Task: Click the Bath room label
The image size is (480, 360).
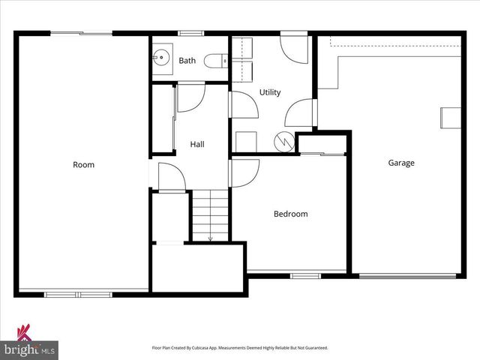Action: pyautogui.click(x=187, y=61)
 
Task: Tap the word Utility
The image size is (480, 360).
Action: pyautogui.click(x=270, y=92)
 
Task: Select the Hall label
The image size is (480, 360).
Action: pyautogui.click(x=197, y=144)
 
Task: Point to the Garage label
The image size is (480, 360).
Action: pyautogui.click(x=401, y=163)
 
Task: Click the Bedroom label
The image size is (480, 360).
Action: pyautogui.click(x=290, y=214)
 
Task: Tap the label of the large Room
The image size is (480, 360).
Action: pyautogui.click(x=83, y=164)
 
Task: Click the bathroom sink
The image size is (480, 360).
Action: pyautogui.click(x=161, y=58)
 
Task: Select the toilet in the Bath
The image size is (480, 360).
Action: pyautogui.click(x=216, y=60)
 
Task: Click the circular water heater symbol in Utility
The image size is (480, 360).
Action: pyautogui.click(x=284, y=140)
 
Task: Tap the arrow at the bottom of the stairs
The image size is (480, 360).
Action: pyautogui.click(x=210, y=238)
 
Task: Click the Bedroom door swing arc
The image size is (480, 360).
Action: pyautogui.click(x=242, y=172)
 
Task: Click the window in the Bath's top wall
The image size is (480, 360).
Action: pyautogui.click(x=190, y=33)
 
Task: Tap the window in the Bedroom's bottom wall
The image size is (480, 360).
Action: pyautogui.click(x=304, y=275)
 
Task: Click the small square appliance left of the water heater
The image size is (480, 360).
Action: pyautogui.click(x=245, y=141)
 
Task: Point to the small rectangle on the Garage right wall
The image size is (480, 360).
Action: pyautogui.click(x=450, y=118)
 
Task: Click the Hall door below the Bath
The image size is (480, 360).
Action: pyautogui.click(x=190, y=97)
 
